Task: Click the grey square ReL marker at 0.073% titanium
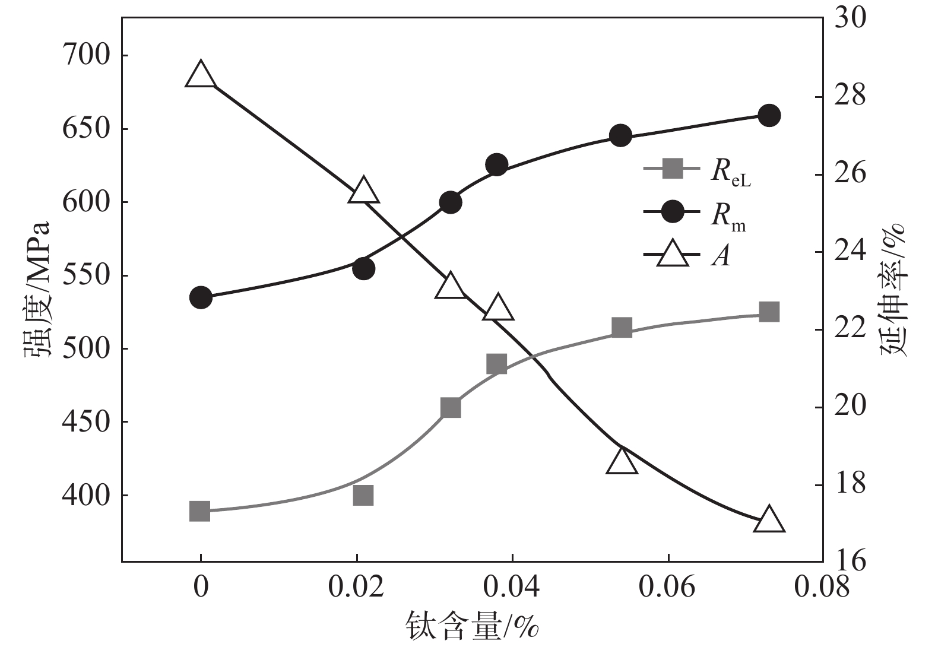pos(769,312)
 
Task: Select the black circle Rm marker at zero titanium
pos(200,297)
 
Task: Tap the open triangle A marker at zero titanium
pos(200,75)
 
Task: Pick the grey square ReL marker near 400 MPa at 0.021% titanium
pos(363,495)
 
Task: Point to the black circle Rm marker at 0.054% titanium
pos(620,136)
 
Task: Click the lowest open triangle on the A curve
pos(769,520)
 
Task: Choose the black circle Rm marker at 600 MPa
pos(451,202)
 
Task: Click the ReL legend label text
pos(731,172)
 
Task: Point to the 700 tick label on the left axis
pos(86,55)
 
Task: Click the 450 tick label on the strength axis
pos(86,422)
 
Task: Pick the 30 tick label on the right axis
pos(850,18)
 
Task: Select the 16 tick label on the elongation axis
pos(850,561)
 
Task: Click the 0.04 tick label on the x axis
pos(512,587)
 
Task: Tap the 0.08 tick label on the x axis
pos(822,587)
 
